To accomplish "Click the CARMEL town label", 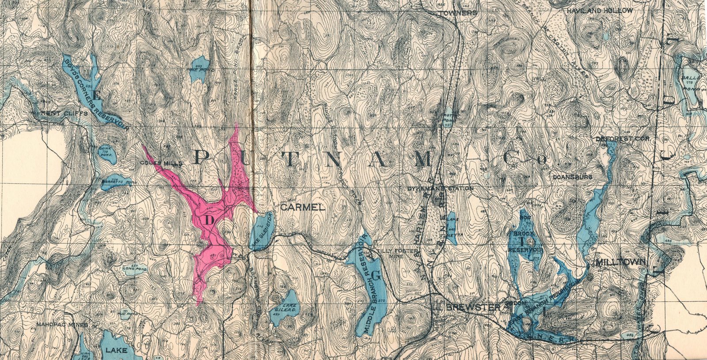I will coord(303,207).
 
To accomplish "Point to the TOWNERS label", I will coord(460,13).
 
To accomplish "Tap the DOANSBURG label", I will coord(572,177).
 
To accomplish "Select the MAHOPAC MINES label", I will coord(62,325).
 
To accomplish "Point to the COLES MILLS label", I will coord(161,163).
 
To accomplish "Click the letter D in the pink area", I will coord(210,219).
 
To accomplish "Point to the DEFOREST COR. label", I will coord(616,138).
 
